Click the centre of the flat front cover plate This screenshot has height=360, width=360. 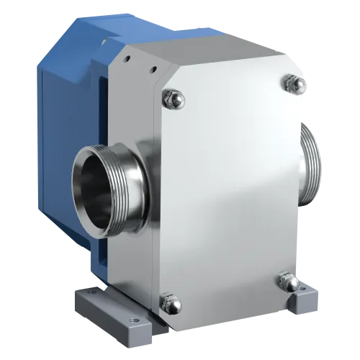click(230, 187)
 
